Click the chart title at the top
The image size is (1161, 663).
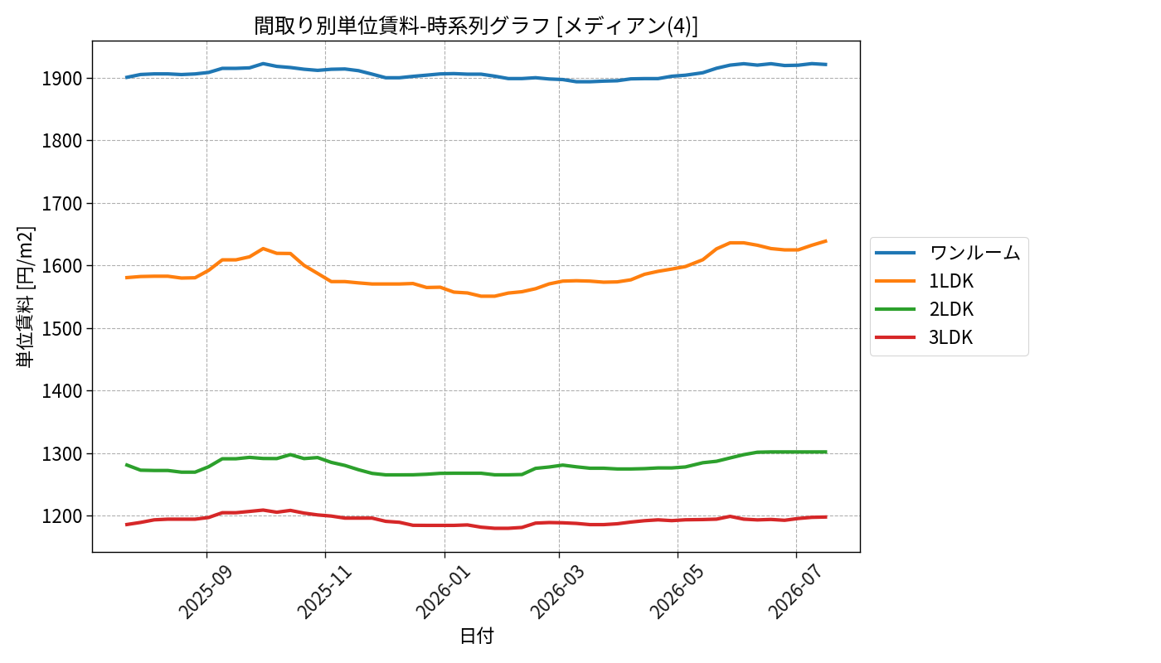point(476,26)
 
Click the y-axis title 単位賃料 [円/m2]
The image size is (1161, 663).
point(25,297)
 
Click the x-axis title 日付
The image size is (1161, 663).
point(477,636)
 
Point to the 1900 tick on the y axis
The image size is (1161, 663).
point(62,79)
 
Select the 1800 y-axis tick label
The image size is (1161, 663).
point(62,141)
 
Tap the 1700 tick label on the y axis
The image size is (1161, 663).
point(62,204)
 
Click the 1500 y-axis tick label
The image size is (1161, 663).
point(62,328)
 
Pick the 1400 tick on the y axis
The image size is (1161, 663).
point(62,391)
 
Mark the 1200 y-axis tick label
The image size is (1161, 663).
point(62,516)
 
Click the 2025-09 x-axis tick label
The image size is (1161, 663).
point(206,592)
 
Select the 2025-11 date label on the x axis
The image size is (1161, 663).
point(324,592)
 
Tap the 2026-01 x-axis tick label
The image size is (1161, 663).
point(443,592)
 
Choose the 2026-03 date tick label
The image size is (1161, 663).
point(557,592)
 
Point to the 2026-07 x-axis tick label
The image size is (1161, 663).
point(795,592)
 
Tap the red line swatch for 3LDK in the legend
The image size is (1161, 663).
point(895,338)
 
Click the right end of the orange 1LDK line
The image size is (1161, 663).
point(826,241)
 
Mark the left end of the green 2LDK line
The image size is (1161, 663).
point(126,465)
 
